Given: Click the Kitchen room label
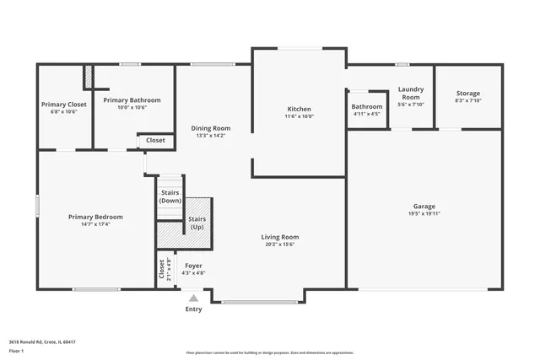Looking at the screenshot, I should pyautogui.click(x=300, y=109).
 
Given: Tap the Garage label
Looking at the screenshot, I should pyautogui.click(x=424, y=207).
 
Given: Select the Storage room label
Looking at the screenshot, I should pyautogui.click(x=468, y=93).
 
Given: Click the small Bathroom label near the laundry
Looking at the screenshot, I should pyautogui.click(x=367, y=106).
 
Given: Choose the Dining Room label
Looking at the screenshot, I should pyautogui.click(x=210, y=128).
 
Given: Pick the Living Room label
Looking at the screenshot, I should pyautogui.click(x=279, y=237).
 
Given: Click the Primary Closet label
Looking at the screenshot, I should pyautogui.click(x=64, y=105).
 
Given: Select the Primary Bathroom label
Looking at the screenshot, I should pyautogui.click(x=132, y=100).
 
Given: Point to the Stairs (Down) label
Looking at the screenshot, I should pyautogui.click(x=170, y=196).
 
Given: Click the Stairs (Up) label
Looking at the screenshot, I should pyautogui.click(x=196, y=223).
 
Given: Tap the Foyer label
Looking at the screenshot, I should pyautogui.click(x=194, y=266).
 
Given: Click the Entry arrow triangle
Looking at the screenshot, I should pyautogui.click(x=194, y=298).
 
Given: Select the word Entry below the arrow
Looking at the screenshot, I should pyautogui.click(x=194, y=309).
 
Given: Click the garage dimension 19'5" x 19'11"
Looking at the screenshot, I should pyautogui.click(x=424, y=214).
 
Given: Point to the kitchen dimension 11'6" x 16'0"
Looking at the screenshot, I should pyautogui.click(x=300, y=117).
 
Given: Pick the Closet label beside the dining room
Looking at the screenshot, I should pyautogui.click(x=156, y=140).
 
